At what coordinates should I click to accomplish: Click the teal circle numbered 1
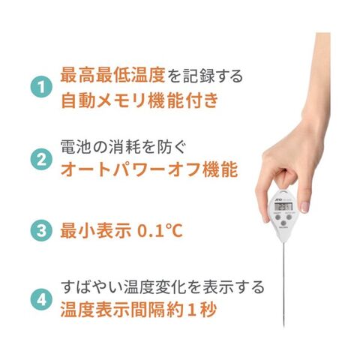tap(41, 87)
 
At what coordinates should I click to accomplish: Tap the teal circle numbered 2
tap(41, 159)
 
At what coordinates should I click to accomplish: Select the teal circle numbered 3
tap(41, 230)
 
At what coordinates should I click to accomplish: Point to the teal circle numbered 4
tap(41, 299)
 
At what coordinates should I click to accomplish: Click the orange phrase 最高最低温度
tap(112, 75)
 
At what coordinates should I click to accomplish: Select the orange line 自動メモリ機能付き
tap(139, 100)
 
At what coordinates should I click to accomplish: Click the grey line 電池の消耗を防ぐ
tap(123, 147)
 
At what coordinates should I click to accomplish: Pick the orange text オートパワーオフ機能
tap(149, 169)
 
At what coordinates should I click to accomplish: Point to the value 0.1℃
tap(160, 230)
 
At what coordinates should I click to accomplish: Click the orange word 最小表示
tap(96, 230)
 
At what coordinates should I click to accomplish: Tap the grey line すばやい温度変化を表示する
tap(163, 286)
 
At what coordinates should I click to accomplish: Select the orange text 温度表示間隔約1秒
tap(138, 309)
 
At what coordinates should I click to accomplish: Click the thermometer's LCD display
tap(283, 207)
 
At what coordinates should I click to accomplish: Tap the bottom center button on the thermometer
tap(283, 223)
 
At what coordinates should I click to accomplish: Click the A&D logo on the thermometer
tap(278, 199)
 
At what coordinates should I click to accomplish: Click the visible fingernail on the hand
tap(304, 207)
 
